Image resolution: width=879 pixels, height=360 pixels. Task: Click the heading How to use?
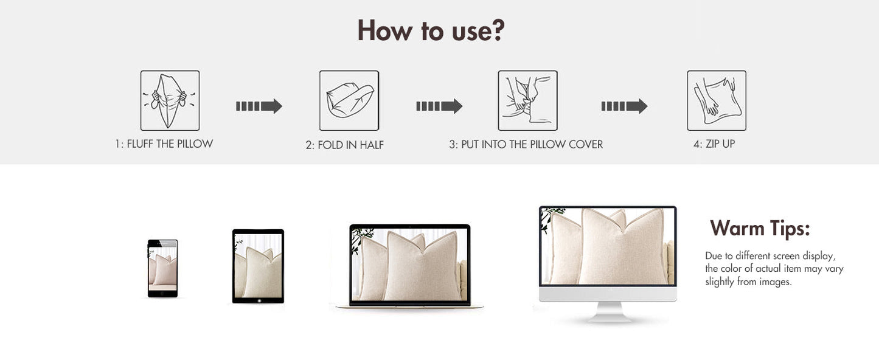coord(431,30)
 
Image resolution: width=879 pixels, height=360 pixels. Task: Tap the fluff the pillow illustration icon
coord(170,100)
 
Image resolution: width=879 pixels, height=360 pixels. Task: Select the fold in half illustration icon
coord(349,100)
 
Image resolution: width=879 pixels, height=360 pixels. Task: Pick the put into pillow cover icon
coord(527,100)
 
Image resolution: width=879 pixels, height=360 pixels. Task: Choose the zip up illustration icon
coord(717,100)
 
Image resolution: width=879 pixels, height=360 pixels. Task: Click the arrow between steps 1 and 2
coord(259,106)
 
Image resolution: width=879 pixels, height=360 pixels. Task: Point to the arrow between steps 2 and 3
coord(439,106)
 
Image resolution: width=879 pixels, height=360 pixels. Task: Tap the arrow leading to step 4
coord(624,106)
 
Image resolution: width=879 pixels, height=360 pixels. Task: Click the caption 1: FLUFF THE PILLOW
coord(164,144)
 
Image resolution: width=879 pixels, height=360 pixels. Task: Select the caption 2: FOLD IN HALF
coord(344,145)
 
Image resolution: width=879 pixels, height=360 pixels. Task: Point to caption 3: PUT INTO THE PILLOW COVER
coord(526,144)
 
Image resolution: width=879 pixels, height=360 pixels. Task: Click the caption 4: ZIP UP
coord(714,144)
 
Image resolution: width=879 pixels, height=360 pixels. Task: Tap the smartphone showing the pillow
coord(162,268)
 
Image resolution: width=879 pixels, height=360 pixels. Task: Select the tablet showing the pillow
coord(258,266)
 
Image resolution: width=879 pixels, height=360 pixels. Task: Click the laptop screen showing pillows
coord(409,265)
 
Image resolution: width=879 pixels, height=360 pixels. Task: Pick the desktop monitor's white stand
coord(609,312)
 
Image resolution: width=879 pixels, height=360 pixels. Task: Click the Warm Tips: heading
coord(760,228)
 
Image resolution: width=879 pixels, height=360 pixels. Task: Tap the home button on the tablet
coord(259,301)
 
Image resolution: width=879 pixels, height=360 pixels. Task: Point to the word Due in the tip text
coord(712,255)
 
